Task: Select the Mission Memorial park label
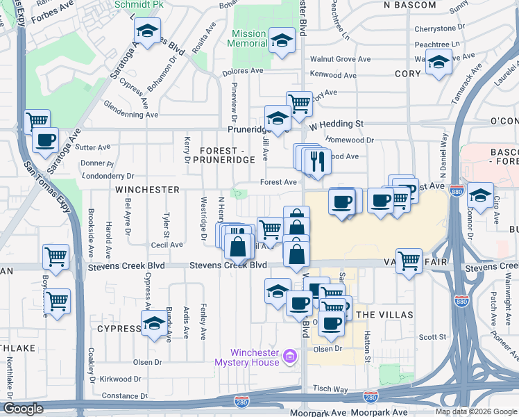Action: pos(248,38)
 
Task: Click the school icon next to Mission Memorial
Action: pos(282,40)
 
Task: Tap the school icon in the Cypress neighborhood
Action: pos(154,322)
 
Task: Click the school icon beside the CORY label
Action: pos(438,62)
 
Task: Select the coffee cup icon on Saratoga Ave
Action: pos(46,140)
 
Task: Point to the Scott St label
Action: pos(432,337)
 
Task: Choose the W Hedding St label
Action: pos(337,124)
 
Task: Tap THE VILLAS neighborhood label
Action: pos(384,315)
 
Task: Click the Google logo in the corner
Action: pos(23,409)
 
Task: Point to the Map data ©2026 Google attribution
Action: pos(475,411)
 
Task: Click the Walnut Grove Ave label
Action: pos(345,59)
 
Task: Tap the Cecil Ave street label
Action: pos(167,245)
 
